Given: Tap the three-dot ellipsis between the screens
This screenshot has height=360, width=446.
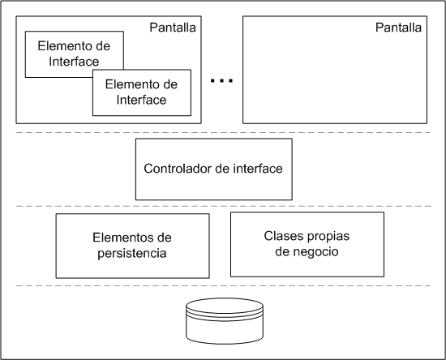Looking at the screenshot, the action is [221, 81].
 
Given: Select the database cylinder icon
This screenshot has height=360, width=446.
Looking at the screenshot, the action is [225, 321].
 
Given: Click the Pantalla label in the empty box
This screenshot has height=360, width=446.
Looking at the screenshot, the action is [398, 28].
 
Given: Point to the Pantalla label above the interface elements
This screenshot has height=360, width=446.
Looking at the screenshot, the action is [173, 28].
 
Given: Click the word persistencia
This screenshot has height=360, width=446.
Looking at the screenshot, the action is [132, 253].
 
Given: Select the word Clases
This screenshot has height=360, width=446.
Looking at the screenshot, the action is [281, 236].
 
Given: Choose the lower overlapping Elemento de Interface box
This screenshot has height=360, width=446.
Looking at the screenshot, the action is [142, 92].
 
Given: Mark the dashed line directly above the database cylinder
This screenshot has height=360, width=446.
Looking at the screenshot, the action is [223, 285].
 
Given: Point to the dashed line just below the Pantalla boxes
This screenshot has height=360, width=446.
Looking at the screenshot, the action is [223, 132].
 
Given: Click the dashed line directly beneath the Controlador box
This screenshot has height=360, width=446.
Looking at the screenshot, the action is [223, 206].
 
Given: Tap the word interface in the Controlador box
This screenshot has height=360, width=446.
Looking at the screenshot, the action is [258, 169].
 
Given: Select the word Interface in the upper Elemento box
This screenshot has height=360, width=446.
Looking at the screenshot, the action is [74, 62].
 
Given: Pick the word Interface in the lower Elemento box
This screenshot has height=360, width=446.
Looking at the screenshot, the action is [141, 100].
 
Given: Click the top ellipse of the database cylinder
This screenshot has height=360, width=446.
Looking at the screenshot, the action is [225, 306].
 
